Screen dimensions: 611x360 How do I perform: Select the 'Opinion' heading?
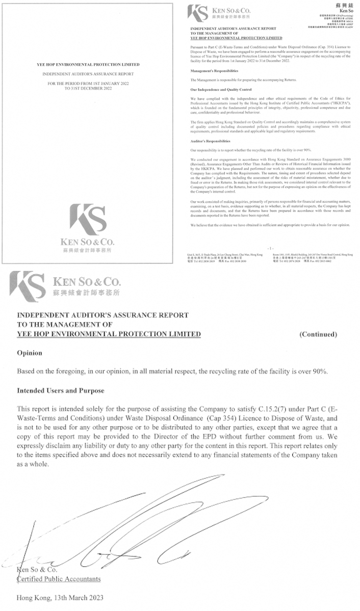click(30, 353)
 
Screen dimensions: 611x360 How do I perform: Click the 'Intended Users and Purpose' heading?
click(60, 390)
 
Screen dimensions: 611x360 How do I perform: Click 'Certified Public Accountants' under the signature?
click(59, 579)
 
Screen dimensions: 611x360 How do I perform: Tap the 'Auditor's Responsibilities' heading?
click(210, 141)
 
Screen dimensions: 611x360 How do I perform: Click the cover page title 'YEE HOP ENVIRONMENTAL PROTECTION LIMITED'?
click(89, 65)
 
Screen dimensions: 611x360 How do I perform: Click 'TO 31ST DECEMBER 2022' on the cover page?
click(89, 88)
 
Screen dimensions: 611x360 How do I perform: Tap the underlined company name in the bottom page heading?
click(109, 334)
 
